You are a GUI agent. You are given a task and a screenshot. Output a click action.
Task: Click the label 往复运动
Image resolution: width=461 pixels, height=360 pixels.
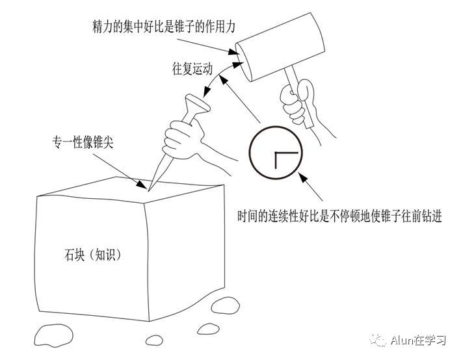tap(192, 70)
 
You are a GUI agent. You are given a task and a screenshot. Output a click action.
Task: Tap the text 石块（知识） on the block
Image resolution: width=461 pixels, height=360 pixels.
tap(92, 255)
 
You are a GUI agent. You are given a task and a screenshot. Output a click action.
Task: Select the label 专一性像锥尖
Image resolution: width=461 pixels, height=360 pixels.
tap(83, 142)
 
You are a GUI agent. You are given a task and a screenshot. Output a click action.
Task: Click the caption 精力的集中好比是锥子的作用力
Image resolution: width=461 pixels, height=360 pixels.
tap(163, 27)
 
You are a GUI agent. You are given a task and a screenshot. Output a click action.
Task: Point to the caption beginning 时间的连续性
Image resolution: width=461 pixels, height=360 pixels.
tap(340, 216)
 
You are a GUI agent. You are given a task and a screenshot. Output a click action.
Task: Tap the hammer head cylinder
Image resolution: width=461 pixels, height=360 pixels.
tap(280, 47)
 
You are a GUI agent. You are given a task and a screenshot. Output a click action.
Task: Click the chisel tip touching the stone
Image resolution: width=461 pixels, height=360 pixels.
tap(149, 191)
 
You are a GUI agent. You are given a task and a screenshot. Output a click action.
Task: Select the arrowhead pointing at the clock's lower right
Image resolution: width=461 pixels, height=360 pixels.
tap(303, 177)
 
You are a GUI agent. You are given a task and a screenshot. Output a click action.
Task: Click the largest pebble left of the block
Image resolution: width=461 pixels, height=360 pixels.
tap(53, 335)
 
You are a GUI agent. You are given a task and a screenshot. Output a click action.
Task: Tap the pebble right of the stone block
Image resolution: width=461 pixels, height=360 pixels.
tap(226, 305)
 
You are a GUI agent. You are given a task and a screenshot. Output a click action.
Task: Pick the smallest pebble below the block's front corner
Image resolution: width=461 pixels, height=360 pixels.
tap(154, 341)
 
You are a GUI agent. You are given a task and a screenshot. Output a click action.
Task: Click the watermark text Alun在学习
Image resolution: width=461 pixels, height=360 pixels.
tap(418, 341)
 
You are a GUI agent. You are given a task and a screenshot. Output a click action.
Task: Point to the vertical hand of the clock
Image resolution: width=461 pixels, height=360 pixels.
tap(276, 161)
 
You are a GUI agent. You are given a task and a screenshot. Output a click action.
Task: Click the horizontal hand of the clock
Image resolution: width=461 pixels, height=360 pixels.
tap(286, 153)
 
